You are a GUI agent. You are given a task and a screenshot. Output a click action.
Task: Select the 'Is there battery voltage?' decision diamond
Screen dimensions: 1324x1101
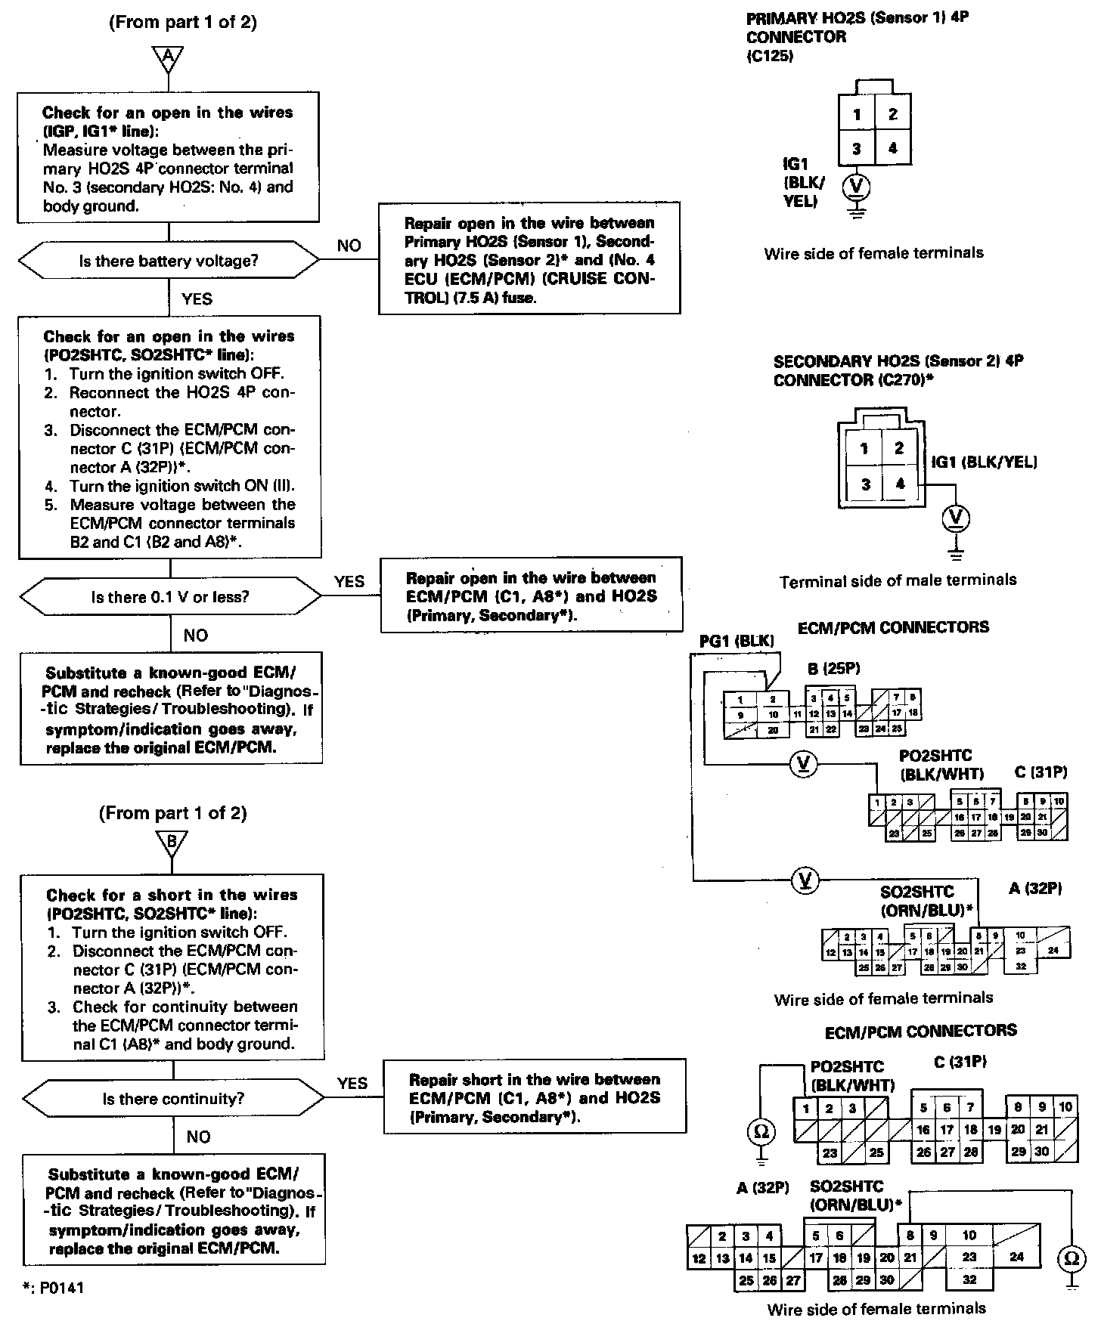(x=169, y=261)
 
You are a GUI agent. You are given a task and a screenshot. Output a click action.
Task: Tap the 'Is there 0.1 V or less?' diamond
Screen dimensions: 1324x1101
(x=170, y=597)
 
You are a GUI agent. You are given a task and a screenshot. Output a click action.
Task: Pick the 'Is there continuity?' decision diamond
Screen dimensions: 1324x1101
(x=173, y=1099)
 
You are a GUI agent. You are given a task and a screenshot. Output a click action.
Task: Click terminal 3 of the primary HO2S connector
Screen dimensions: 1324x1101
(x=856, y=148)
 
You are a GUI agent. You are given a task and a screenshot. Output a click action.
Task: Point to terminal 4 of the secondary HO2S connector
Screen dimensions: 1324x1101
(x=899, y=484)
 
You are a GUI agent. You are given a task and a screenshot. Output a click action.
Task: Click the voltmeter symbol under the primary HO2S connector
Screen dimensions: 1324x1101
(x=857, y=185)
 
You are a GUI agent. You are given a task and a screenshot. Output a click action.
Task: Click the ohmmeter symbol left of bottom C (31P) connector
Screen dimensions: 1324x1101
(x=761, y=1131)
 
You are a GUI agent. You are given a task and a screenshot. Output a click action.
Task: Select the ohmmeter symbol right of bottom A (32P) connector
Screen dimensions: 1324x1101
(x=1071, y=1258)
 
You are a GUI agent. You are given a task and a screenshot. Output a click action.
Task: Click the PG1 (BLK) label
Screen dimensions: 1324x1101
(x=737, y=641)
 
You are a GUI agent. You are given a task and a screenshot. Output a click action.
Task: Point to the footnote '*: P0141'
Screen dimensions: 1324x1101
(x=53, y=1288)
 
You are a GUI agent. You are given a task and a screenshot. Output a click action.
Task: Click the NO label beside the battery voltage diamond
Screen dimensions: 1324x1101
(x=349, y=246)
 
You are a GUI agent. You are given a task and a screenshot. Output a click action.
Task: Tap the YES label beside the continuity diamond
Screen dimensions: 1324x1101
(x=352, y=1083)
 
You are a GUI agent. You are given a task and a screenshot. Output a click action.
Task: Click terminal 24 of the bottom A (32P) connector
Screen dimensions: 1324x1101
(x=1016, y=1257)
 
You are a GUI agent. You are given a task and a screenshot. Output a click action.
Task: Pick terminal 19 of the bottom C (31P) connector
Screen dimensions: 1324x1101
(x=994, y=1131)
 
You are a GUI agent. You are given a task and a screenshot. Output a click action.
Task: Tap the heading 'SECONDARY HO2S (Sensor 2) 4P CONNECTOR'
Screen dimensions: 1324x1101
(x=898, y=370)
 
